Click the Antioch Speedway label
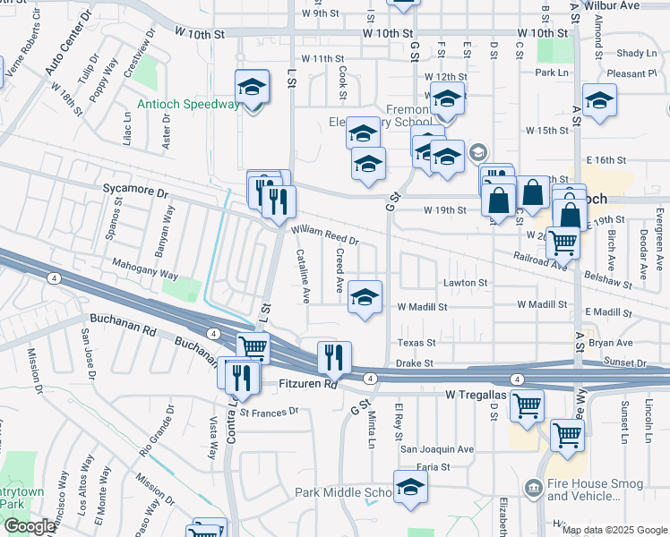point(189,104)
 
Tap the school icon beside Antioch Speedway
point(253,89)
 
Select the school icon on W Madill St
point(365,298)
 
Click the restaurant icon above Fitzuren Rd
point(334,358)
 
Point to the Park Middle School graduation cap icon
point(410,489)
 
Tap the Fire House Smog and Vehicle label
point(601,494)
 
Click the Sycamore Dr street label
point(136,192)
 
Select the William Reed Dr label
point(325,235)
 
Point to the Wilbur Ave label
point(640,4)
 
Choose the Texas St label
point(417,343)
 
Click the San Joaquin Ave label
point(436,449)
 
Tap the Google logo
point(30,526)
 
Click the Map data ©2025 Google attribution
point(614,530)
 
